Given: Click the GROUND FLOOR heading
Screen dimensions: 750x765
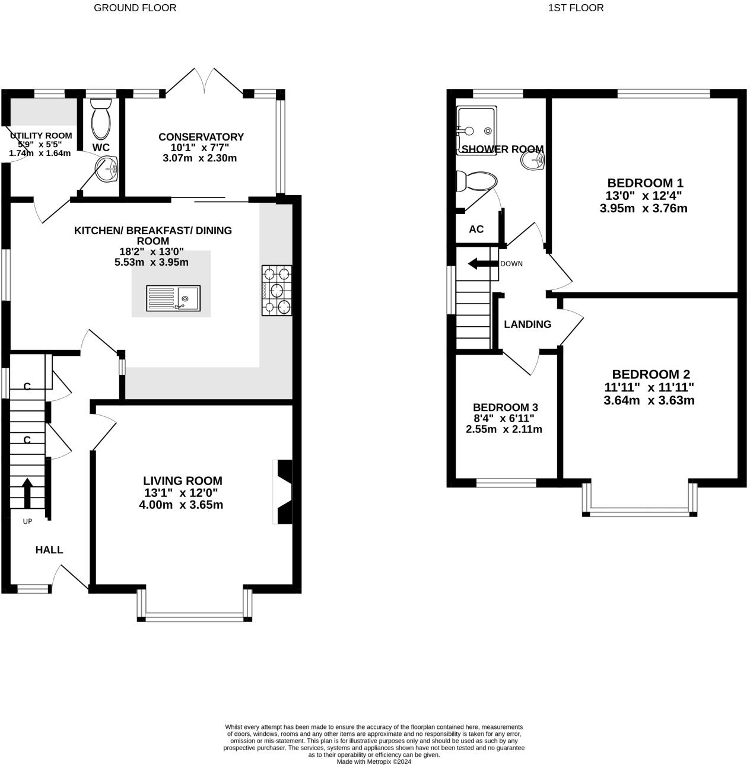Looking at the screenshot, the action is click(x=135, y=8).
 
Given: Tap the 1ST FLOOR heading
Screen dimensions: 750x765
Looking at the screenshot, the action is click(x=576, y=8).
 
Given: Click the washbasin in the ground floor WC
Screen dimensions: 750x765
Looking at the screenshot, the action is click(x=106, y=170).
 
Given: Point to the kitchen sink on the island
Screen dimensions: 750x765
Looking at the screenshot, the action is click(x=173, y=298).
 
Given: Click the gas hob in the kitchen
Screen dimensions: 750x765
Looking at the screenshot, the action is click(x=277, y=290).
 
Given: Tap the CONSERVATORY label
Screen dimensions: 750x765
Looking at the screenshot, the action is click(x=201, y=137).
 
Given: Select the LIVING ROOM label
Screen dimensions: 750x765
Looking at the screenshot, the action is click(x=183, y=481).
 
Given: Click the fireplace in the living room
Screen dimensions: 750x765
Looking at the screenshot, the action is click(x=282, y=492).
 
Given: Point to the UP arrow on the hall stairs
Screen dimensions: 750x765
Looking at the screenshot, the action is click(x=27, y=493).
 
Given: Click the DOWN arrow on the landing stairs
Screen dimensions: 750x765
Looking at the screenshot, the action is click(x=482, y=264).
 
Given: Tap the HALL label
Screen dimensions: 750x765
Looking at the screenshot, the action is click(x=49, y=550).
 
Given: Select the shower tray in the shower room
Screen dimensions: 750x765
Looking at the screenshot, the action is click(x=476, y=130).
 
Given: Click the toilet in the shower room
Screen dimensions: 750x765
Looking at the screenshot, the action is click(x=476, y=182).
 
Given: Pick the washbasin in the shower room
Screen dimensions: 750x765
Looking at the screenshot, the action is click(x=532, y=161).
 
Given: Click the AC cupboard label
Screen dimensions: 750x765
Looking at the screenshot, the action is click(x=476, y=229).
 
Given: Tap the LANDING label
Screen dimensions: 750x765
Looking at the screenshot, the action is click(x=527, y=324).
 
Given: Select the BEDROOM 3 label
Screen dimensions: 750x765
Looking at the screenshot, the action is click(x=506, y=407).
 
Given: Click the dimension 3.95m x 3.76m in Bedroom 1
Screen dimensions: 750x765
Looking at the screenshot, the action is click(x=644, y=208).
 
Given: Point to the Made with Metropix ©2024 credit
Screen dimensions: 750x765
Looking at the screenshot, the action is click(x=374, y=761).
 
